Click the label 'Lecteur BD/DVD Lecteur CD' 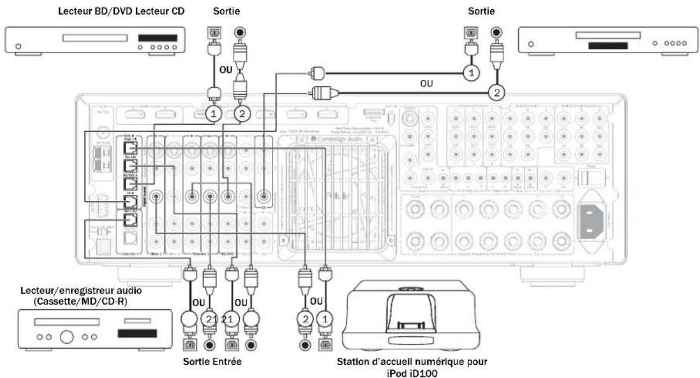(118, 11)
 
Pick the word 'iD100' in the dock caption (433, 372)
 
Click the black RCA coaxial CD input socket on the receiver (266, 197)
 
